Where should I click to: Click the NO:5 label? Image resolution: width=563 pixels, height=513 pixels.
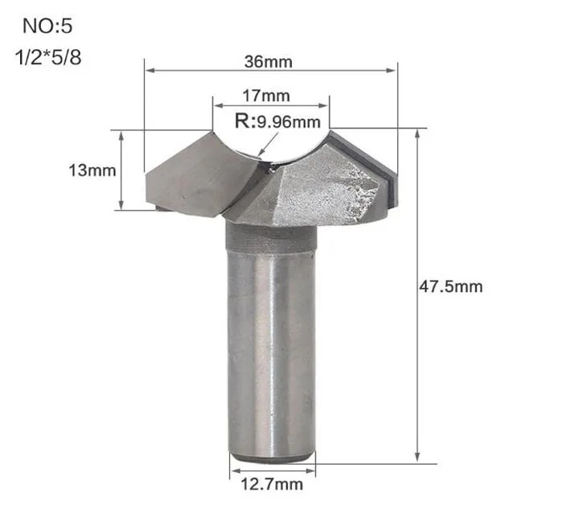point(47,27)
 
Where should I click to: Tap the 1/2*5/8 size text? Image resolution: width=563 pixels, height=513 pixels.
point(48,57)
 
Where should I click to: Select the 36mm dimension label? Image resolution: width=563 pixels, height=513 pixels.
point(268,62)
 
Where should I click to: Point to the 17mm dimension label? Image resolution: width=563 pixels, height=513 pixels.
point(266,96)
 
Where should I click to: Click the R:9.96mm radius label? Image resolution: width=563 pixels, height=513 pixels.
point(277,121)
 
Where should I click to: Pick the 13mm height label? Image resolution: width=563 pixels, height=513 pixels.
point(92,170)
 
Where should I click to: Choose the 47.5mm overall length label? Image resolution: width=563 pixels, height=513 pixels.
point(451,287)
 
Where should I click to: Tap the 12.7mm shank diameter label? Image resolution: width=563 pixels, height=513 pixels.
point(272,484)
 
